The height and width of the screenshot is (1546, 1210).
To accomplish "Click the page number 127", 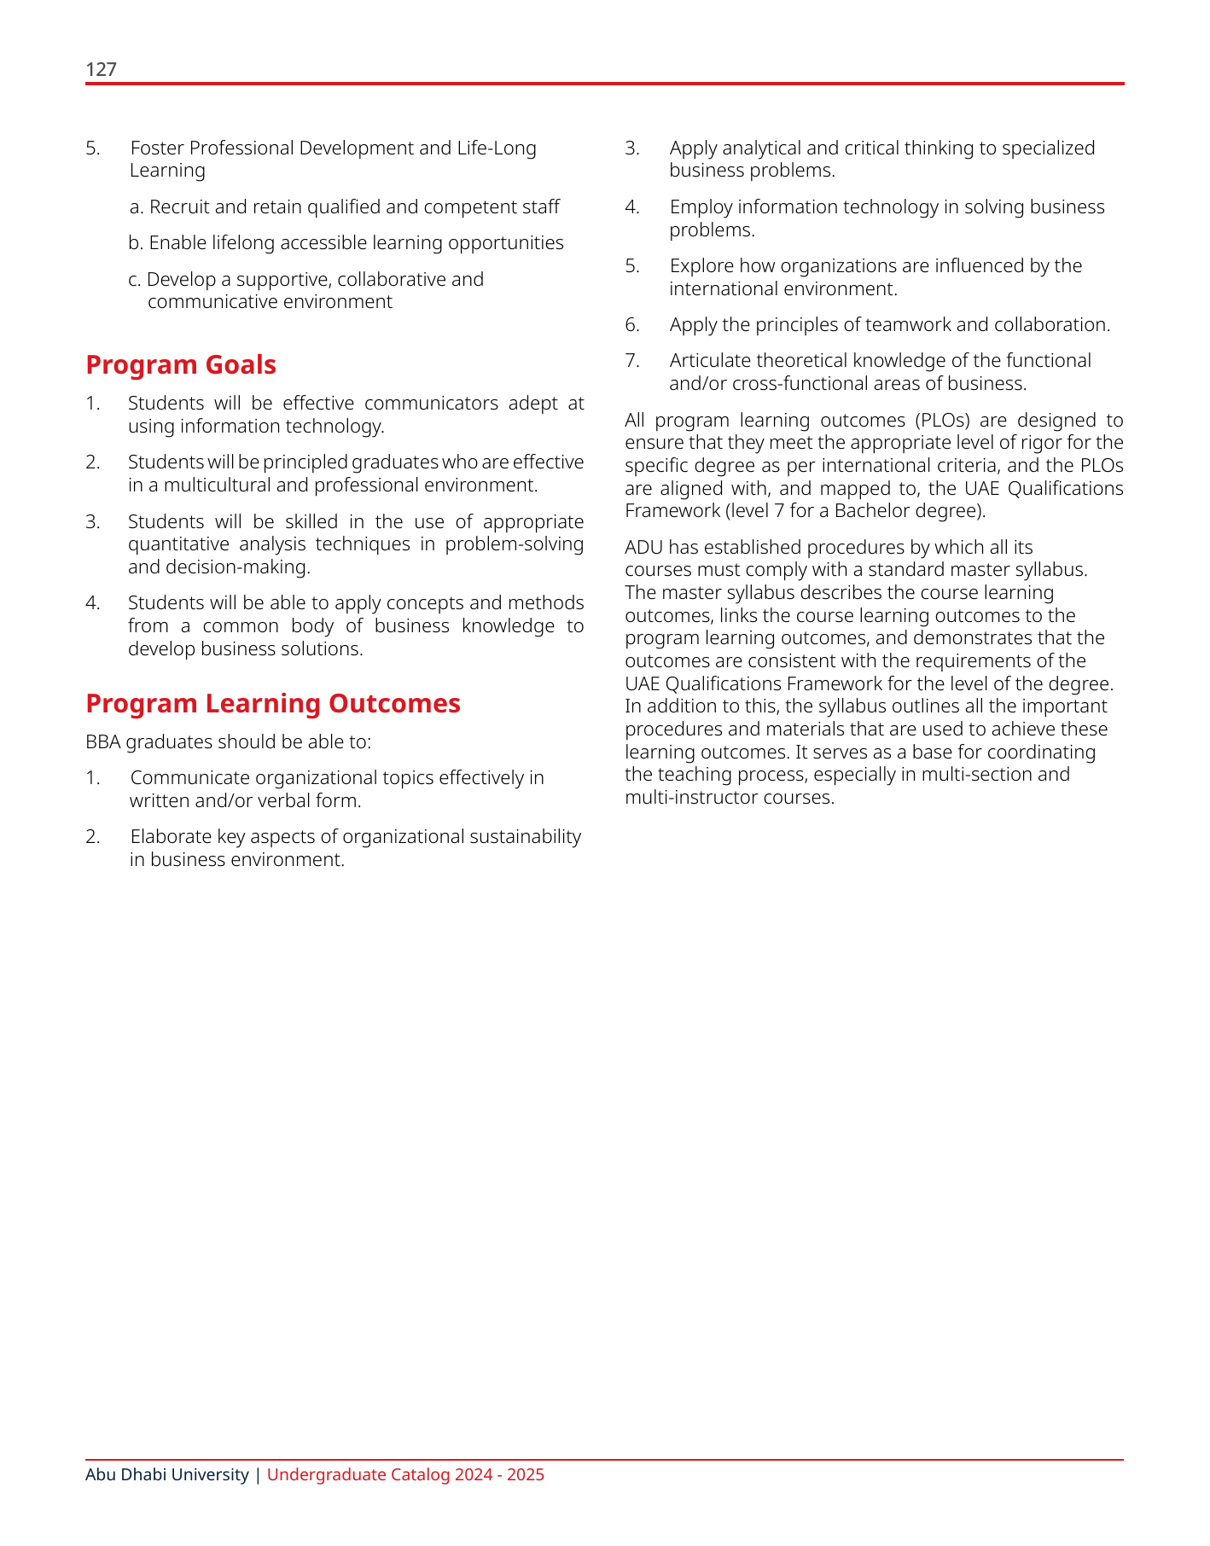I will coord(101,70).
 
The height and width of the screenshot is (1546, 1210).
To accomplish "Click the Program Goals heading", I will coord(181,364).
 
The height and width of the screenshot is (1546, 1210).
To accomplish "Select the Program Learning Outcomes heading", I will coord(273,703).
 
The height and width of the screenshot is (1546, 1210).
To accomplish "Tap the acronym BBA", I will coord(103,741).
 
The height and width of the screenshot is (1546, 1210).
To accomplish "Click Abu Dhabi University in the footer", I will coord(166,1475).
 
